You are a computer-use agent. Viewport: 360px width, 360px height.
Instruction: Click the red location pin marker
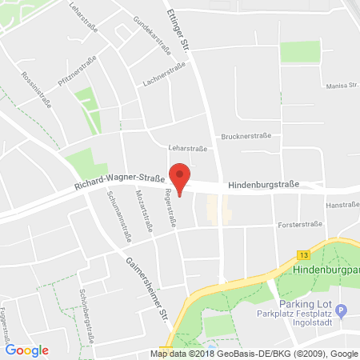coord(182,177)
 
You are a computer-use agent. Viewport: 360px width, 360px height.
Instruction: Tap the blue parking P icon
coord(342,310)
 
